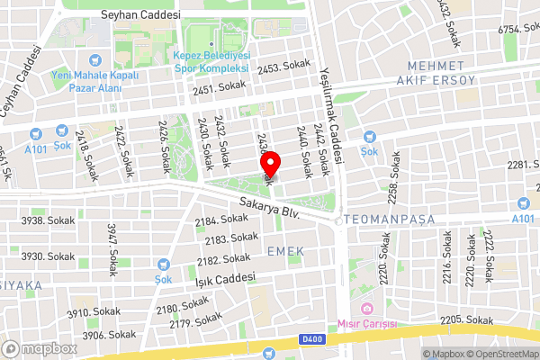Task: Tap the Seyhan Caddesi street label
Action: tap(141, 15)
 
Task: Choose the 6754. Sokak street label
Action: tap(517, 30)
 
